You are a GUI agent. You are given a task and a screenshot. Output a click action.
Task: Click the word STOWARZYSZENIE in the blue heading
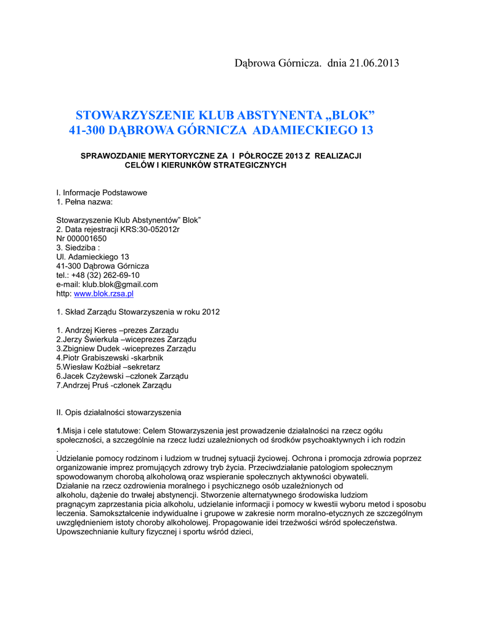(x=134, y=115)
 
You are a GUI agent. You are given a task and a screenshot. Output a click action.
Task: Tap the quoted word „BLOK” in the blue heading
(x=350, y=115)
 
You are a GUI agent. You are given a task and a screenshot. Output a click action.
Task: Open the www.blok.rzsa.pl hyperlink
(x=103, y=294)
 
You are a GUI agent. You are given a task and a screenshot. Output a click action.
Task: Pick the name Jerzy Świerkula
(x=89, y=340)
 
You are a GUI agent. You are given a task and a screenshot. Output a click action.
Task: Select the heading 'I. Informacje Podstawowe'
(x=102, y=193)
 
